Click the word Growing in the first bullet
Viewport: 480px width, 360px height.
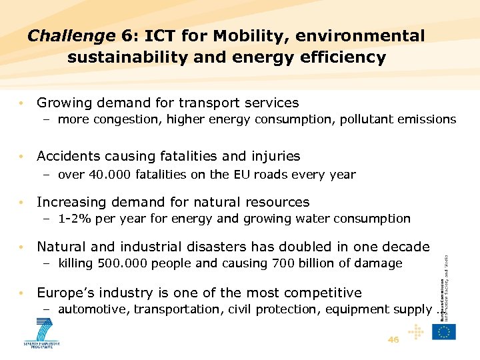65,103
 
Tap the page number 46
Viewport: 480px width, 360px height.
393,339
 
